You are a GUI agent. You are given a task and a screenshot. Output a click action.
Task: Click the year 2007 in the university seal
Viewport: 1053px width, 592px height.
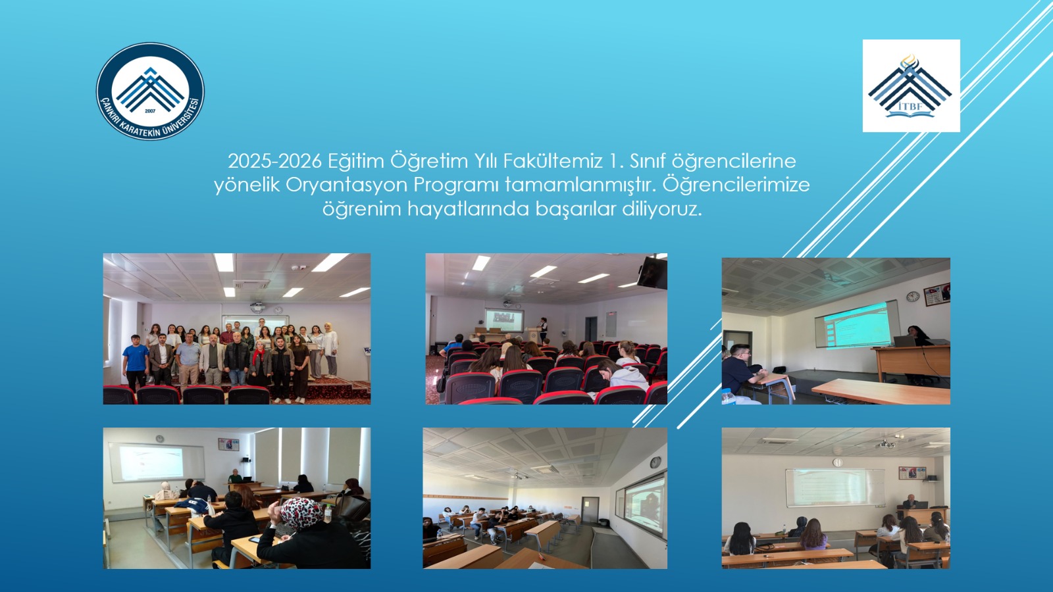click(150, 111)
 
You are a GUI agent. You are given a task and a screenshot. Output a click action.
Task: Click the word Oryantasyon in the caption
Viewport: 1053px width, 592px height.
click(346, 185)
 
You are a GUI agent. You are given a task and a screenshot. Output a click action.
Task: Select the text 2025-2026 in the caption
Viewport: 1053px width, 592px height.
click(274, 161)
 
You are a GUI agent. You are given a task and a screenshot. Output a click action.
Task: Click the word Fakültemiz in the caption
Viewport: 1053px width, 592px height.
click(553, 161)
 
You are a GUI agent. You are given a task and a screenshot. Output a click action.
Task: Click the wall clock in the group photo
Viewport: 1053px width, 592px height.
click(278, 310)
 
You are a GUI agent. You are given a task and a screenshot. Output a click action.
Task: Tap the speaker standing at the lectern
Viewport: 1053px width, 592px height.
click(543, 329)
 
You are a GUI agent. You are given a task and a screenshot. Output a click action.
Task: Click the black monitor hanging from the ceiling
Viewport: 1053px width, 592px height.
click(652, 272)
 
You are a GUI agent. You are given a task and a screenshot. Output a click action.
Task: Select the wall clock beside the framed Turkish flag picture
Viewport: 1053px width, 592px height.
click(912, 297)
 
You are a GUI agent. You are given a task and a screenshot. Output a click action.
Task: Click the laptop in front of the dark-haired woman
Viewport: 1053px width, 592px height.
click(904, 341)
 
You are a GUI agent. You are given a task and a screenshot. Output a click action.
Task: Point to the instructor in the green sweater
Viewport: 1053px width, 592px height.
click(234, 476)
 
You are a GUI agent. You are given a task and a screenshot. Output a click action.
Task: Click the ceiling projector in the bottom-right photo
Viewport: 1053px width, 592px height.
click(885, 443)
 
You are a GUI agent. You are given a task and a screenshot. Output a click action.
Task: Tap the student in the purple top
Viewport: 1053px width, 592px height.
click(813, 535)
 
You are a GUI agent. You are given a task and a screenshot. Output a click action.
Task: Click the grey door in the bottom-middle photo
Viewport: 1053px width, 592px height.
click(590, 511)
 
